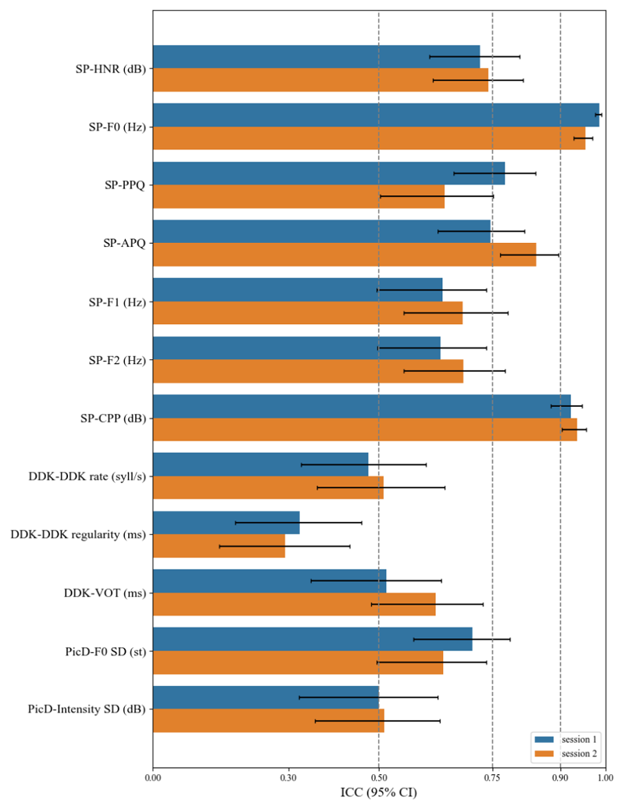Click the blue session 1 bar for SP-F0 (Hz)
point(375,115)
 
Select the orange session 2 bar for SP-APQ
point(344,255)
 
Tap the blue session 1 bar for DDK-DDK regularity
point(226,523)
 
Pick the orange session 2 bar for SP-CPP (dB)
point(364,430)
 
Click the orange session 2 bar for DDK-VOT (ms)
point(294,604)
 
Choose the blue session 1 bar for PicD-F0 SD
point(312,639)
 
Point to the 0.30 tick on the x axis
point(289,777)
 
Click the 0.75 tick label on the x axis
point(492,777)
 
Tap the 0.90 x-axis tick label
point(560,777)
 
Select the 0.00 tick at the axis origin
point(153,777)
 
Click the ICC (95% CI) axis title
point(379,793)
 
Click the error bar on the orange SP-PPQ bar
point(437,196)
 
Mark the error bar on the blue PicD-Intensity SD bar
point(368,697)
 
